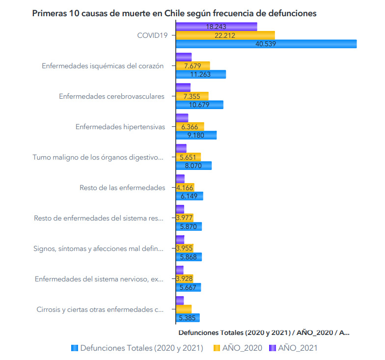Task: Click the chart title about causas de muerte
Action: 174,13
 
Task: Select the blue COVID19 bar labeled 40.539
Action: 266,44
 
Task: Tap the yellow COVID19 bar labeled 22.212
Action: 225,35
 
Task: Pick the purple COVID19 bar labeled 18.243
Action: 216,26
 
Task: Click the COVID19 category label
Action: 152,35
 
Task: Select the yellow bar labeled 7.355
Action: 192,96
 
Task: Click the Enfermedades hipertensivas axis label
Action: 120,127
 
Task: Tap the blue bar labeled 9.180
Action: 196,135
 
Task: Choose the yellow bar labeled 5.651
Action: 188,157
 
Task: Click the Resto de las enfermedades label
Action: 122,188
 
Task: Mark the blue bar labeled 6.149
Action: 189,196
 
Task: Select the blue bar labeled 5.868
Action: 189,257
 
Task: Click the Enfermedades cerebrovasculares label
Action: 111,96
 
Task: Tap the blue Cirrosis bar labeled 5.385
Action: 188,318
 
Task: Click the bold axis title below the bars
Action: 264,332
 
